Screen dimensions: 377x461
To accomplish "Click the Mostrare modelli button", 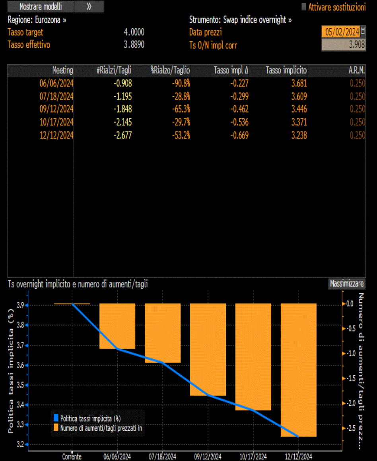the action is tap(41, 6).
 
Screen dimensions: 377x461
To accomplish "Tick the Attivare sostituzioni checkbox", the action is tap(304, 7).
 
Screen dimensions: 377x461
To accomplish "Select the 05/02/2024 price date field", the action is tap(342, 32).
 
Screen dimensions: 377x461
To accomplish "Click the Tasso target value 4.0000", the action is tap(134, 32).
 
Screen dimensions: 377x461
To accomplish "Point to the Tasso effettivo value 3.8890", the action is tap(134, 45).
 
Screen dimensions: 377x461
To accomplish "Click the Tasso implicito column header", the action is tap(286, 70).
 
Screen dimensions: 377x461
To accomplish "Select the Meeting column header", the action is tap(62, 70).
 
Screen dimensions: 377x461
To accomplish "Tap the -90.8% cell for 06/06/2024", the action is tap(181, 84).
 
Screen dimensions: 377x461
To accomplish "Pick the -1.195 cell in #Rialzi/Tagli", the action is tap(123, 96).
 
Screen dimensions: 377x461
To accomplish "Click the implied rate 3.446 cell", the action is tap(299, 109).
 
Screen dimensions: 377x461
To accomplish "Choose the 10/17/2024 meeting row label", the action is tap(56, 122).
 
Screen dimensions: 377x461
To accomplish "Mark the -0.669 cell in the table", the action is tap(239, 135).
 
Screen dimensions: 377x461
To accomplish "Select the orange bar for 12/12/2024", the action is tap(299, 370).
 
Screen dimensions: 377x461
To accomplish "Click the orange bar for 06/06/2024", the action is tap(117, 326).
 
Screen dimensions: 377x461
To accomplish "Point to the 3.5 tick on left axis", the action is tap(20, 385).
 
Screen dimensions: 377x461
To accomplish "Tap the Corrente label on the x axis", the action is tap(72, 457).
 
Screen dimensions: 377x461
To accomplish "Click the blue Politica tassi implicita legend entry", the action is tap(87, 418).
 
